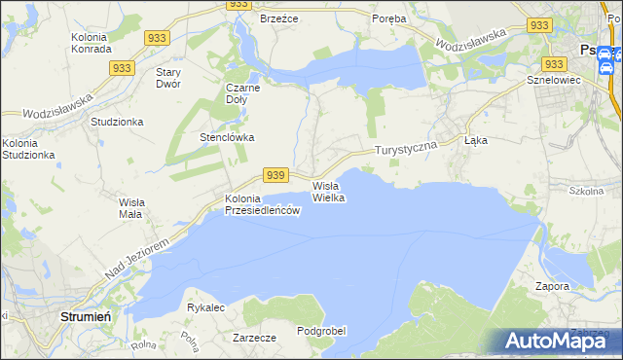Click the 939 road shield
click(x=275, y=174)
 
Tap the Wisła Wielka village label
click(x=329, y=191)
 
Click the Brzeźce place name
click(x=278, y=18)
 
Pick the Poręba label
click(x=390, y=18)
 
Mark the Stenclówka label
click(x=227, y=137)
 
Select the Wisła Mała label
click(x=130, y=208)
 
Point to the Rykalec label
click(x=205, y=307)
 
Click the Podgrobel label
click(x=321, y=331)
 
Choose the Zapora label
click(x=552, y=286)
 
